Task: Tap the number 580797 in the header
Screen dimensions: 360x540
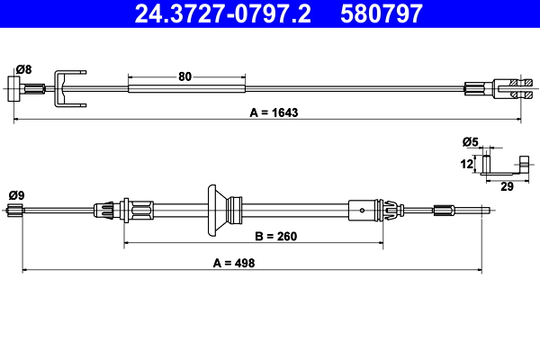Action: [381, 13]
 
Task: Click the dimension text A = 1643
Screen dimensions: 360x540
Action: [270, 113]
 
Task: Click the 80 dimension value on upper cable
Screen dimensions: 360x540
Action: [185, 76]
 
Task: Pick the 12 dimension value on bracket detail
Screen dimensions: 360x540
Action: [466, 164]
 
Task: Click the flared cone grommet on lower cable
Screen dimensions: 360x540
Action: [217, 210]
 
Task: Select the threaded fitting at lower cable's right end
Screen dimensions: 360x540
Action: [445, 211]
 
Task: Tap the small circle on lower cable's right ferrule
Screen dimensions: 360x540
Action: [361, 211]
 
